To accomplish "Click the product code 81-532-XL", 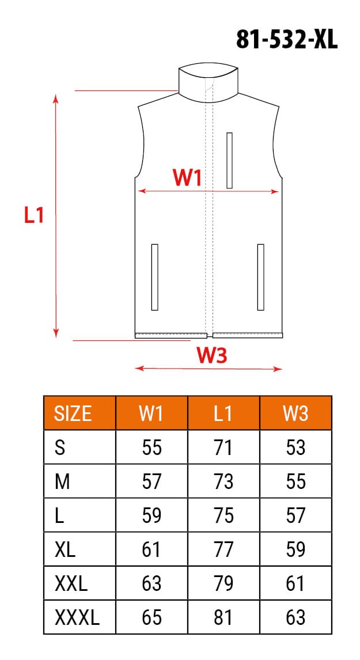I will [x=287, y=40].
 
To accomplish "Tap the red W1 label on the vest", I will [x=188, y=178].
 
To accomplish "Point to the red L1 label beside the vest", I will [x=34, y=215].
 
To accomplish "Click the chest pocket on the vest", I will [x=229, y=160].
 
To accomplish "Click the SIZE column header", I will [x=73, y=413].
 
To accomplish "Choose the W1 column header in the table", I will [x=151, y=413].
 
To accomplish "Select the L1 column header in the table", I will [x=223, y=413].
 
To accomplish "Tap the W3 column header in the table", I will [x=295, y=413].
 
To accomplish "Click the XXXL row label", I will [x=77, y=618].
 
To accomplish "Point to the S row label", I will [x=59, y=447].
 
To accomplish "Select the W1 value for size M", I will [x=151, y=481].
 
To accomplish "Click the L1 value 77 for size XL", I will [x=223, y=549].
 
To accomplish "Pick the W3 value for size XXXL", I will [x=295, y=618].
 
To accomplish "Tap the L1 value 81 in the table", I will [x=223, y=618].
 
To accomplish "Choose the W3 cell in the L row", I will [x=295, y=515].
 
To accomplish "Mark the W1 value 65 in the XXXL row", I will [x=151, y=618].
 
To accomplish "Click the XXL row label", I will [x=71, y=584].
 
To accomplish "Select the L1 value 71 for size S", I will [x=223, y=447].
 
